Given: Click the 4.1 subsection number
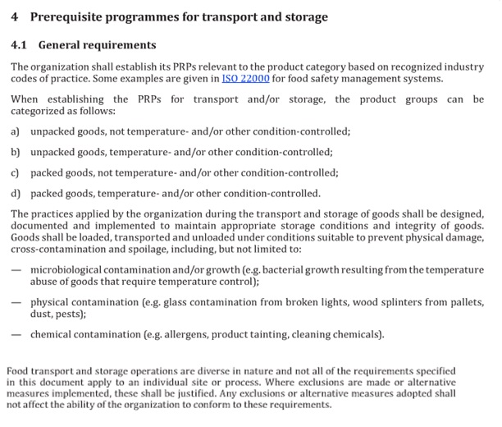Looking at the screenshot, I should pos(20,45).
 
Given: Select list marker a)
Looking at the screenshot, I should pos(16,131).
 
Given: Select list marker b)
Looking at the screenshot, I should pos(16,152).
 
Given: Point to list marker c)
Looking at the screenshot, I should pos(16,173).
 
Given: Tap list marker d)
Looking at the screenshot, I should pos(16,195).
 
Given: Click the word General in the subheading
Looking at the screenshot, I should pos(63,45).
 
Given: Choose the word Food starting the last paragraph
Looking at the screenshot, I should pos(18,371).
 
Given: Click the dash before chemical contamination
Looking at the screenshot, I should pos(16,334).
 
